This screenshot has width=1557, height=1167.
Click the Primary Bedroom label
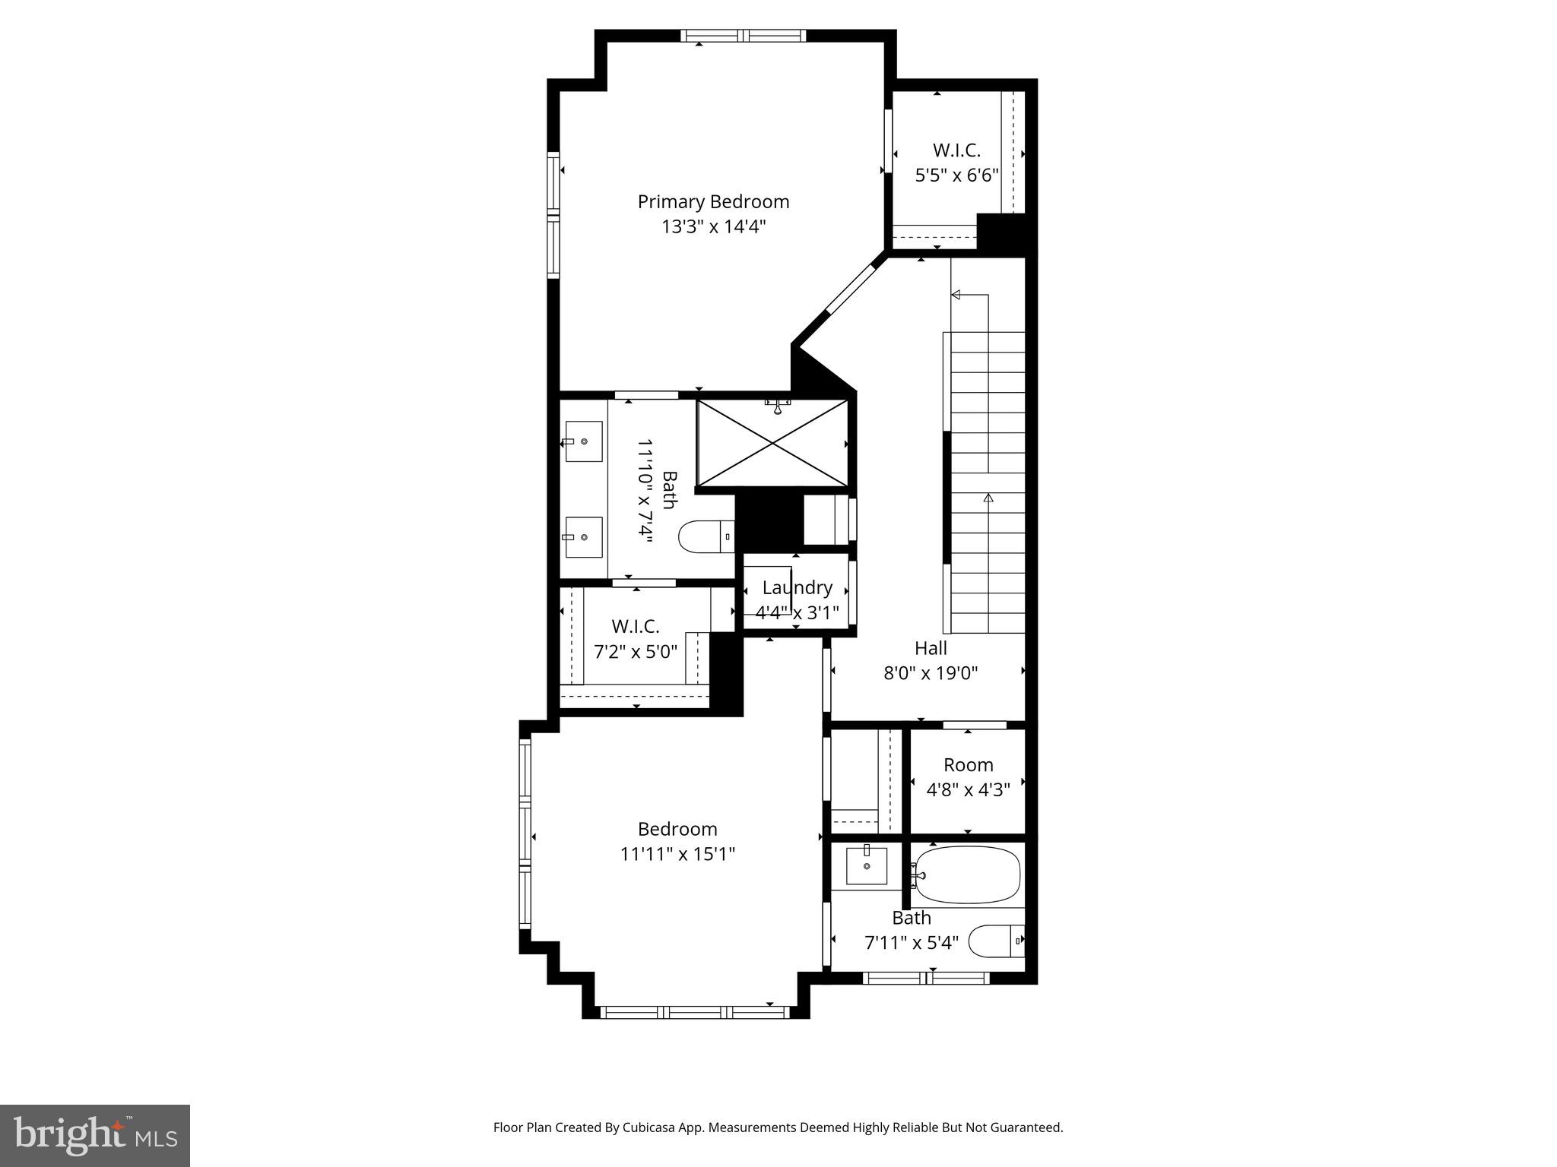713,201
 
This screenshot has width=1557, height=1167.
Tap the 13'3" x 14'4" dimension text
713,226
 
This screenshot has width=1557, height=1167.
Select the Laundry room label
797,587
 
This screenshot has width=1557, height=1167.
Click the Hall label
931,648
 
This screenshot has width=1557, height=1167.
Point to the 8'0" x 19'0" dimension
931,672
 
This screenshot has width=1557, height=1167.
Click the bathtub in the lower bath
967,875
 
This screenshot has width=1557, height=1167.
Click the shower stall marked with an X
772,444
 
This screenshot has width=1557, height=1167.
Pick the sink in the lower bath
867,867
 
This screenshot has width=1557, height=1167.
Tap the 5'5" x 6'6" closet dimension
956,176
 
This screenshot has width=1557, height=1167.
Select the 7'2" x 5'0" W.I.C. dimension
635,651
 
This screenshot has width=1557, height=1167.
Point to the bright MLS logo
95,1135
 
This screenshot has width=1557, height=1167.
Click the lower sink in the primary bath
584,536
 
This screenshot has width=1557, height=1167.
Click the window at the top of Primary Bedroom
743,35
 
